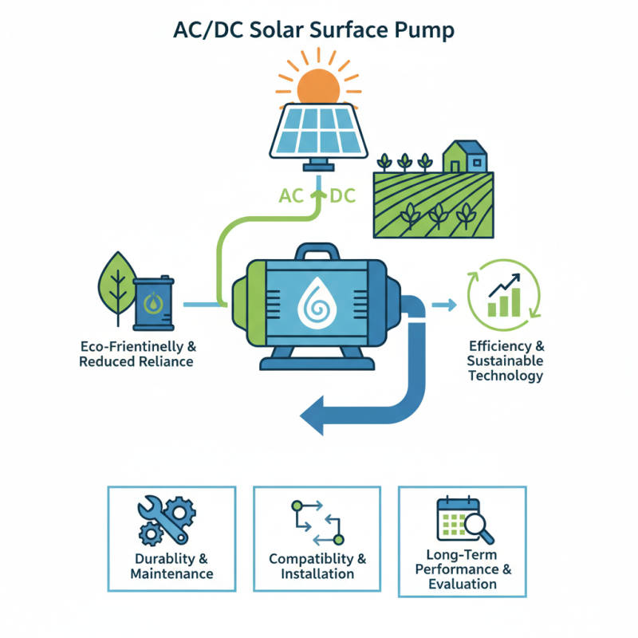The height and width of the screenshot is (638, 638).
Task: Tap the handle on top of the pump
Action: [319, 254]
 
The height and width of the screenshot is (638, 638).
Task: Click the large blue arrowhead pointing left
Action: [317, 413]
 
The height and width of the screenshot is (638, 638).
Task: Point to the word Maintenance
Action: [171, 573]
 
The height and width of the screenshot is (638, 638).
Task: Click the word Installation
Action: [317, 573]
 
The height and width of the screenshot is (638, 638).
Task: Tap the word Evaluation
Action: [462, 585]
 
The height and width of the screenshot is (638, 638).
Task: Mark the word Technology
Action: [506, 376]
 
